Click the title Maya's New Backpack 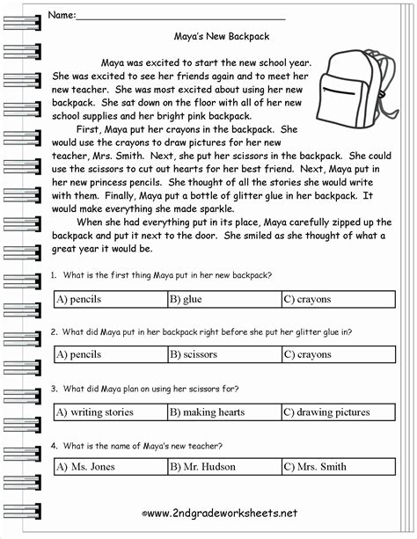click(223, 37)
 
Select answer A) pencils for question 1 click(78, 299)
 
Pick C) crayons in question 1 click(307, 299)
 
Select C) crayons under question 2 click(307, 354)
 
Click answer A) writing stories click(94, 411)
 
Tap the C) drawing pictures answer click(326, 411)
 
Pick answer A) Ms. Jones click(85, 467)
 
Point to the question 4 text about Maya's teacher click(141, 444)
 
